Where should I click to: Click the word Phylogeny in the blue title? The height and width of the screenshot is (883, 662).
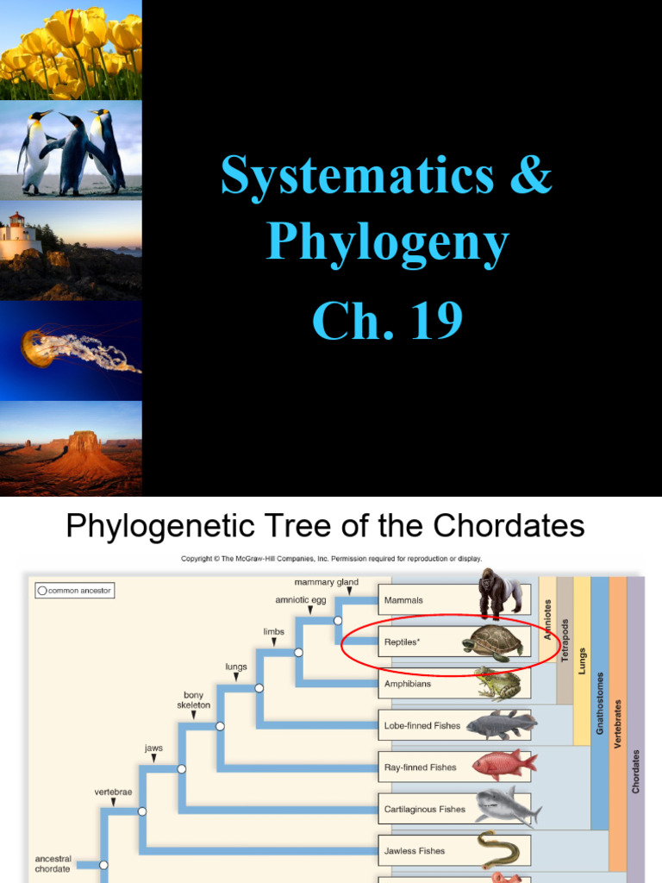[387, 245]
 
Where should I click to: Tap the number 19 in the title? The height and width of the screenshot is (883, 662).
[430, 321]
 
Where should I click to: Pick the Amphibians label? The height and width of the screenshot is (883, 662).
[407, 684]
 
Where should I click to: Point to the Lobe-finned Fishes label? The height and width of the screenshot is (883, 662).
[422, 726]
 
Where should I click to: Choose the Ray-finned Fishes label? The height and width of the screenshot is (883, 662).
[420, 767]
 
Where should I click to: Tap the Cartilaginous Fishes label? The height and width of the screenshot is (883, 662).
[424, 810]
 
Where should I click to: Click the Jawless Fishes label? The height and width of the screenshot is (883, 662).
[415, 851]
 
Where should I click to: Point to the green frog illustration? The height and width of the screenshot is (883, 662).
[498, 684]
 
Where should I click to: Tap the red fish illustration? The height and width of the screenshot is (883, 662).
[503, 765]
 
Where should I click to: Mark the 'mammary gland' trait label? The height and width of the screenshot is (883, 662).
[326, 582]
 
